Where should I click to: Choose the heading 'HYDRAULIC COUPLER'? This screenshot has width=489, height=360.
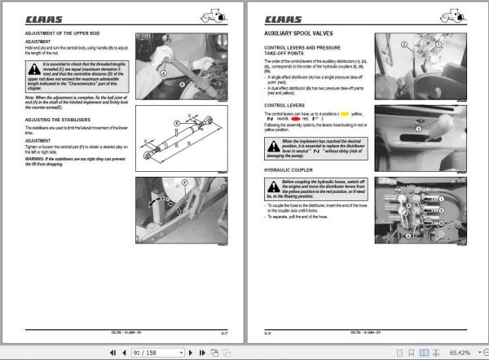click(287, 169)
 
